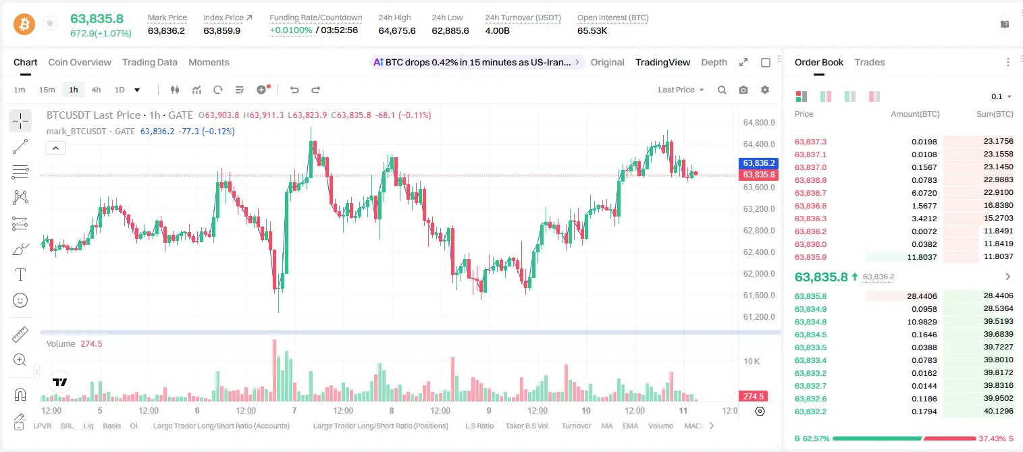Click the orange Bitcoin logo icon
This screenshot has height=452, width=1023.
click(24, 24)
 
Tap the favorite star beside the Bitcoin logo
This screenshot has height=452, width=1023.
click(50, 23)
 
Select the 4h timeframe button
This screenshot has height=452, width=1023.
click(96, 90)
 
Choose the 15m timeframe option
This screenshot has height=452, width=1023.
click(47, 90)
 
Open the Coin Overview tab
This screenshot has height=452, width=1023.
click(80, 62)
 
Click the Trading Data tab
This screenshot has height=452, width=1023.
click(149, 62)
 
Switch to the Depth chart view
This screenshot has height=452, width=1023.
click(714, 62)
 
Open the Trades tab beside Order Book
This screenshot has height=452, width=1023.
click(870, 62)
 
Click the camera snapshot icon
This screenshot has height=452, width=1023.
click(743, 90)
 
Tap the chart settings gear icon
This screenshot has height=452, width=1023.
click(765, 90)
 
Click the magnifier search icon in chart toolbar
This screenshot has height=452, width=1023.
click(722, 90)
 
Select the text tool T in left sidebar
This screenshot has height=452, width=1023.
click(20, 275)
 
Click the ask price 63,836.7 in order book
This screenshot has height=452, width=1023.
click(811, 193)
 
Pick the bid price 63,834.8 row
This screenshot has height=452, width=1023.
click(811, 322)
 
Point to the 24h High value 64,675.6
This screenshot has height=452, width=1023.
click(397, 30)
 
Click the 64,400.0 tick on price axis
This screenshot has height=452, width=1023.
click(759, 144)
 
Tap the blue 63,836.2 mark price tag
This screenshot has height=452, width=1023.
click(758, 163)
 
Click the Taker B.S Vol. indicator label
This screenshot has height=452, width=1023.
click(527, 426)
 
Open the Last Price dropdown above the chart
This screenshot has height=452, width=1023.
click(681, 90)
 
